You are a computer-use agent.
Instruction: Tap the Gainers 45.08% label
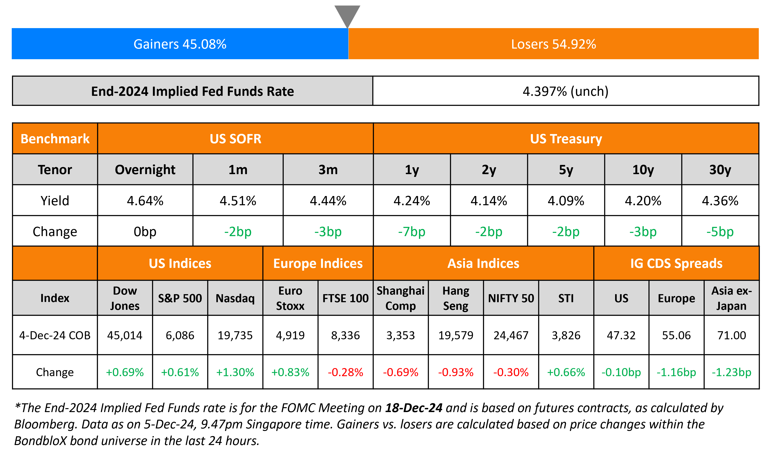pyautogui.click(x=180, y=44)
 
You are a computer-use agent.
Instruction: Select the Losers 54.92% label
pyautogui.click(x=553, y=44)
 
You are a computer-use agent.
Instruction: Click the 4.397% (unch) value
pyautogui.click(x=565, y=91)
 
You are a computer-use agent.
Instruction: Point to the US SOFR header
pyautogui.click(x=235, y=139)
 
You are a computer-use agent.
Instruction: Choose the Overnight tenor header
pyautogui.click(x=145, y=170)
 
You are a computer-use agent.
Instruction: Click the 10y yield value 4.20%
pyautogui.click(x=643, y=201)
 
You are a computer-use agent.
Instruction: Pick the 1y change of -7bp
pyautogui.click(x=412, y=231)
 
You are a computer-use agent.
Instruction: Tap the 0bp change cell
pyautogui.click(x=145, y=231)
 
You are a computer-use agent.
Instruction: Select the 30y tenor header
pyautogui.click(x=720, y=170)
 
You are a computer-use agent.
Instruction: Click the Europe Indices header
pyautogui.click(x=318, y=263)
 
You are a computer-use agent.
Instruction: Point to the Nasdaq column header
pyautogui.click(x=235, y=298)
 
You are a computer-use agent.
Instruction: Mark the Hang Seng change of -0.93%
pyautogui.click(x=456, y=372)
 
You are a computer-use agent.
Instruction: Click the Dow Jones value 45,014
pyautogui.click(x=125, y=335)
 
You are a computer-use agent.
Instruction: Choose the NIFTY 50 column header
pyautogui.click(x=511, y=298)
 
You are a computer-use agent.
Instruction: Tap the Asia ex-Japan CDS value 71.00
pyautogui.click(x=731, y=335)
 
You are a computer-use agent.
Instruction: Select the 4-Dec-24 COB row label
pyautogui.click(x=55, y=335)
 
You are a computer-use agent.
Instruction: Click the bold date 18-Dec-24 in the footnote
pyautogui.click(x=414, y=408)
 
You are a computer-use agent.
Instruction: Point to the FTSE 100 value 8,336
pyautogui.click(x=345, y=335)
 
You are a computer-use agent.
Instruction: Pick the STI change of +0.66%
pyautogui.click(x=566, y=372)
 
